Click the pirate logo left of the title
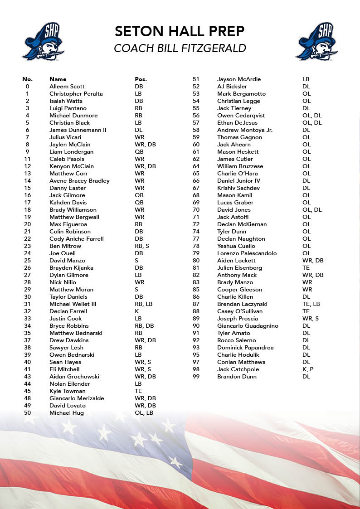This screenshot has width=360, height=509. [43, 42]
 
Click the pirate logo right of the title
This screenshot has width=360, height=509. [316, 42]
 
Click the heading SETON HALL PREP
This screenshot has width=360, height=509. [180, 31]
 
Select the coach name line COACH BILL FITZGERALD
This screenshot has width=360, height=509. [180, 48]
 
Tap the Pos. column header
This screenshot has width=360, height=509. [141, 79]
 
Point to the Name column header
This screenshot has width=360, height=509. [58, 79]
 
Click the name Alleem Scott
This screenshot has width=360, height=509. [67, 87]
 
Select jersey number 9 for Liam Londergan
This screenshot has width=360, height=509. [28, 152]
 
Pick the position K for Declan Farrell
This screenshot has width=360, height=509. [137, 311]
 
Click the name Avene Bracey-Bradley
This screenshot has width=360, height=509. [79, 181]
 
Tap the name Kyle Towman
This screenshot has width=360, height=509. [68, 391]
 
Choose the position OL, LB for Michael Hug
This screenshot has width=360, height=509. [144, 413]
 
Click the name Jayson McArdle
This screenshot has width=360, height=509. [239, 79]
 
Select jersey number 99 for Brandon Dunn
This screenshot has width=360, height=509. [196, 377]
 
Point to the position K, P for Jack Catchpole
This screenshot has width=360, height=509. [308, 369]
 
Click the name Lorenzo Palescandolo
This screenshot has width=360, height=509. [247, 253]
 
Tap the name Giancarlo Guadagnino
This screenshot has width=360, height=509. [248, 326]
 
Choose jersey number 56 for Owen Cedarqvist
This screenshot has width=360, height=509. [196, 116]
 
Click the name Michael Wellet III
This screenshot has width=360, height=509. [73, 304]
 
